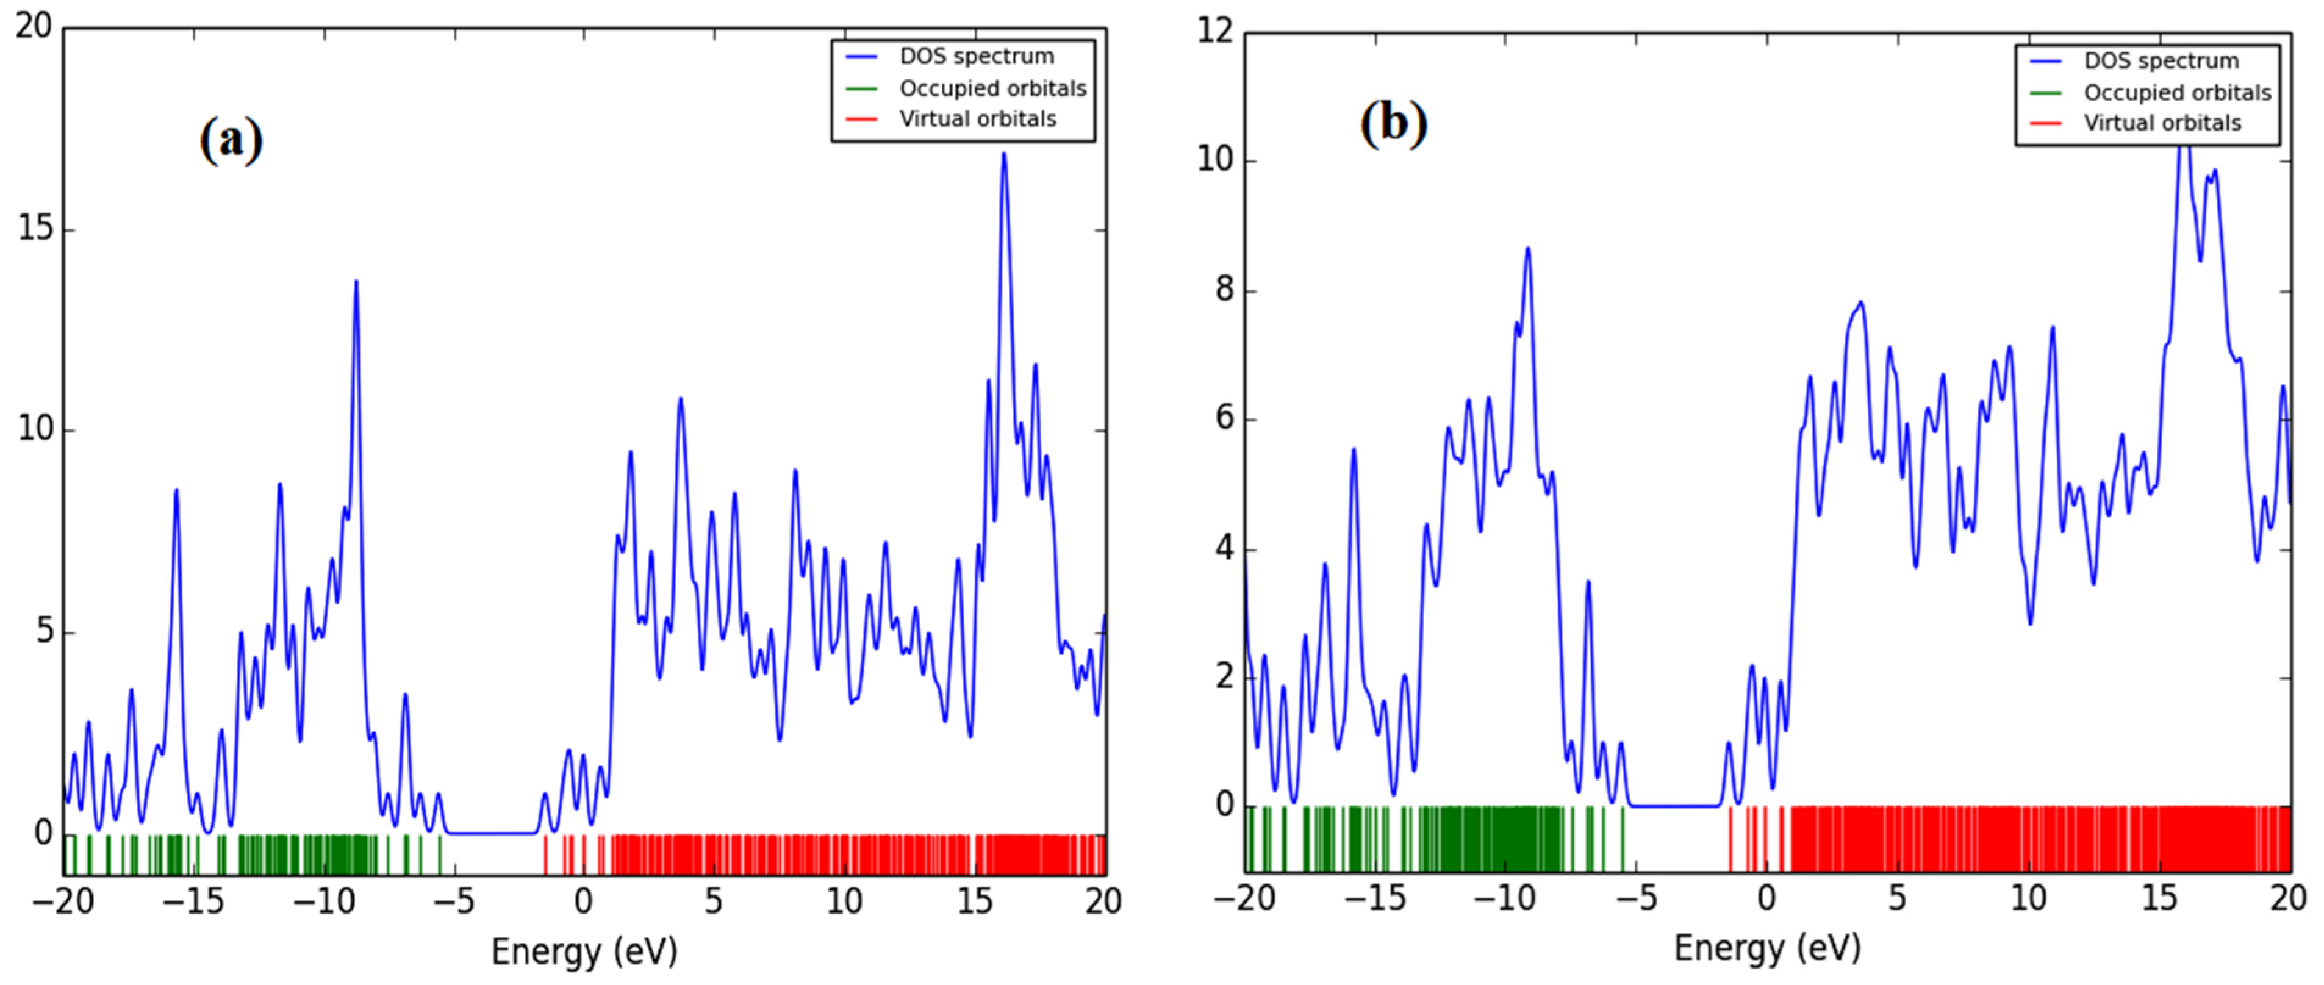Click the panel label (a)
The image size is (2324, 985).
(x=231, y=140)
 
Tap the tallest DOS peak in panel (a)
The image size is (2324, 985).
(x=1003, y=155)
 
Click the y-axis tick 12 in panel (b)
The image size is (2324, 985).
(x=1214, y=32)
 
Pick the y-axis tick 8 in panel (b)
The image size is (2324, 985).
(x=1224, y=290)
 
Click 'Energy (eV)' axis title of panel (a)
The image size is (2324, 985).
(x=584, y=951)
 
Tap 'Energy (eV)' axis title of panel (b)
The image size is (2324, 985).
(x=1766, y=948)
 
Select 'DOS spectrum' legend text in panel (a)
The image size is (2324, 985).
(x=976, y=57)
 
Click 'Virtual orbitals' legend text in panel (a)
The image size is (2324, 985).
(x=977, y=119)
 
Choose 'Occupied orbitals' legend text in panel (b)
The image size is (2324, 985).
(x=2177, y=93)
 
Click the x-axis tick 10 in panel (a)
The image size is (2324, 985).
(x=844, y=901)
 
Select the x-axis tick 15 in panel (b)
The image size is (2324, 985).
(x=2159, y=898)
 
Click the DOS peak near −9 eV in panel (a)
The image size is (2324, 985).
(x=356, y=282)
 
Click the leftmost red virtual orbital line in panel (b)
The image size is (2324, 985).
(x=1729, y=839)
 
